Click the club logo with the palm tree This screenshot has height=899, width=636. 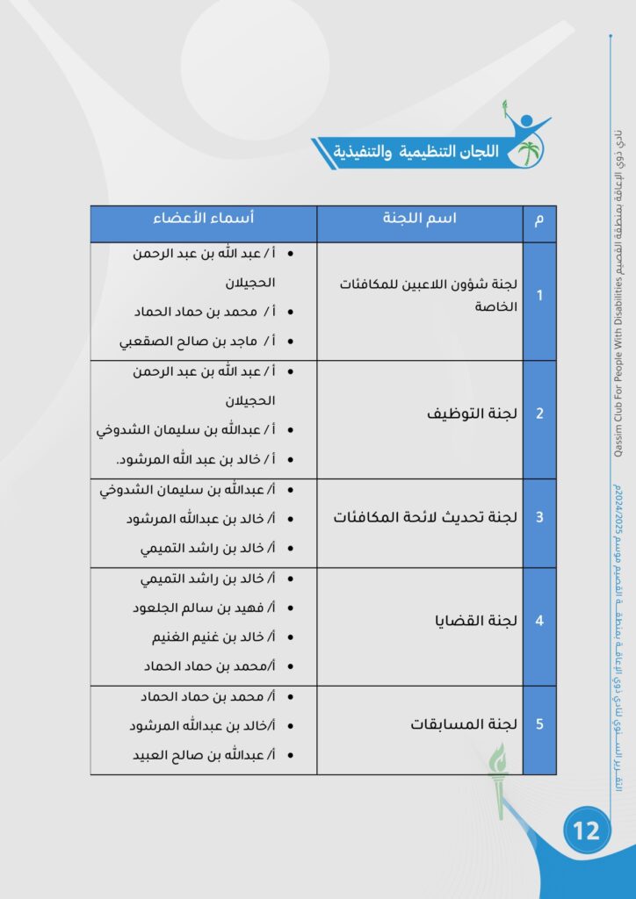526,141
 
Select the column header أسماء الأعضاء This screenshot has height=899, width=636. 205,219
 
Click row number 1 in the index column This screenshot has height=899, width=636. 539,296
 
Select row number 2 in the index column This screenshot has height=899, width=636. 539,414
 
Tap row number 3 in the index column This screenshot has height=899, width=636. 539,517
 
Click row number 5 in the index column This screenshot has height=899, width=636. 539,724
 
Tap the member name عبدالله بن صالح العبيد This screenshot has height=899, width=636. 201,755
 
